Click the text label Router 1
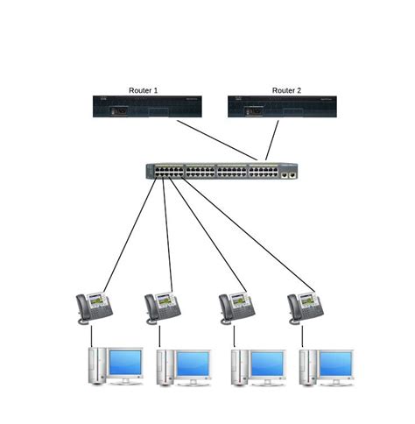pos(143,90)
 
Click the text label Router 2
pos(286,90)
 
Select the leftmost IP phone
pos(94,306)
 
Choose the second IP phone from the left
pos(163,306)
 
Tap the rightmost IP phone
pos(306,306)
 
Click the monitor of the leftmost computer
pos(125,363)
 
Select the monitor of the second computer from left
pos(193,363)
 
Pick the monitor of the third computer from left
pos(267,363)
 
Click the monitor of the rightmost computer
pos(335,363)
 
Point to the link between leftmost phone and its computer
pos(91,335)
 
